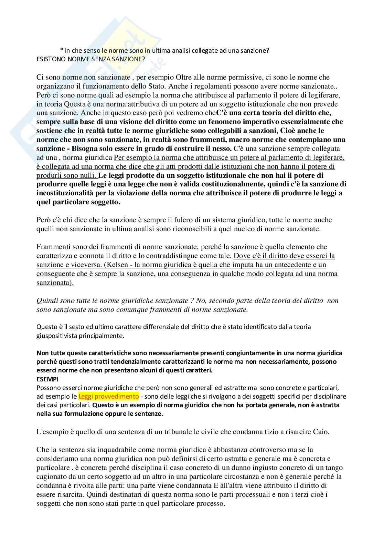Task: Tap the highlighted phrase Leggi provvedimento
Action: tap(108, 396)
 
